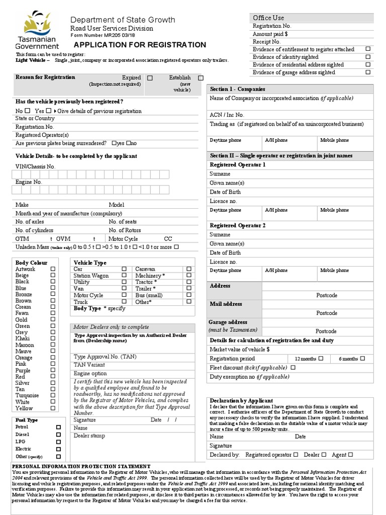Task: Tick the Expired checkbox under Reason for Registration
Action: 150,78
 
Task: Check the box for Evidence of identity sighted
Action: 368,57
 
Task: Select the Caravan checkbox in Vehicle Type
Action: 189,269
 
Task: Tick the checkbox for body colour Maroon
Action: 53,345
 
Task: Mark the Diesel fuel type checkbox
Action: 58,434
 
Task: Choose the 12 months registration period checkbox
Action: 321,359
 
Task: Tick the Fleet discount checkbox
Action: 293,368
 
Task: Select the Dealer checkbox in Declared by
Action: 324,455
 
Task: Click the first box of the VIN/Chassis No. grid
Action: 17,175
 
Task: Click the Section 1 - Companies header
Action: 231,89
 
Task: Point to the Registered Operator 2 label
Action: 237,225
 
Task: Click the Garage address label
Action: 228,322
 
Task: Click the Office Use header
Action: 268,18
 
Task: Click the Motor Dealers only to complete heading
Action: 111,327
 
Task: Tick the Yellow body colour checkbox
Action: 53,408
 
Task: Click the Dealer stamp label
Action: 89,436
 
